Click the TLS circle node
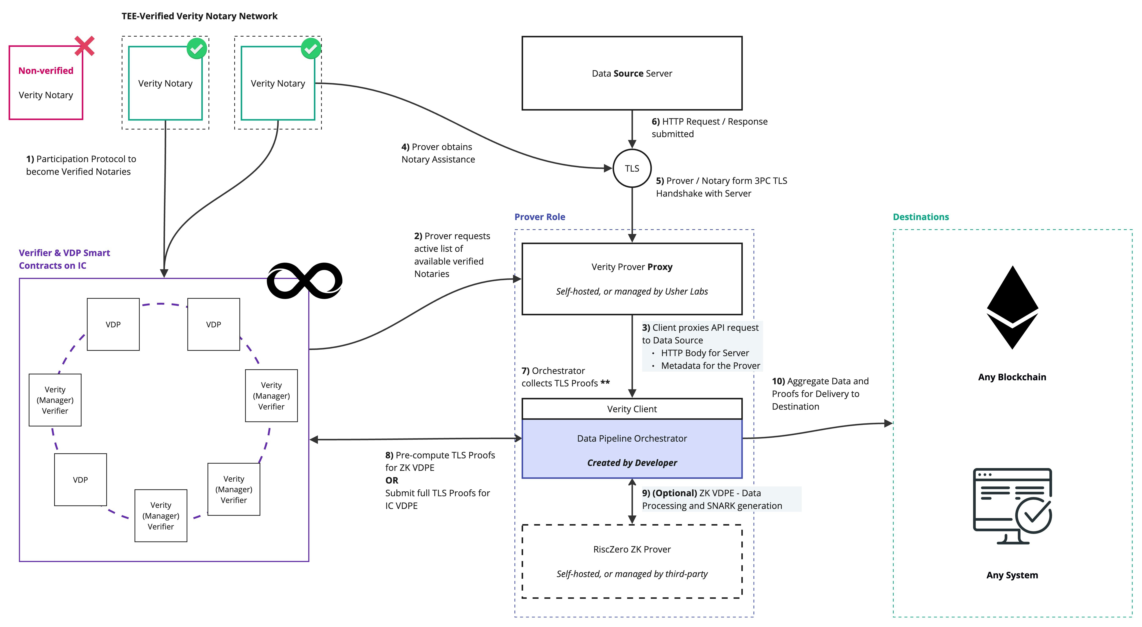(x=632, y=168)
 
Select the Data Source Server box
(x=632, y=73)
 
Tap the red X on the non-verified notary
(x=84, y=46)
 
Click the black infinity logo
(x=305, y=281)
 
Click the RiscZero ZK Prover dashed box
(x=632, y=561)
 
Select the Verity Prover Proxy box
(x=632, y=279)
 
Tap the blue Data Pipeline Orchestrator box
(x=632, y=449)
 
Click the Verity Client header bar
(x=632, y=409)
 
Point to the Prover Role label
(x=540, y=217)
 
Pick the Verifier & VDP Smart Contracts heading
(x=64, y=259)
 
